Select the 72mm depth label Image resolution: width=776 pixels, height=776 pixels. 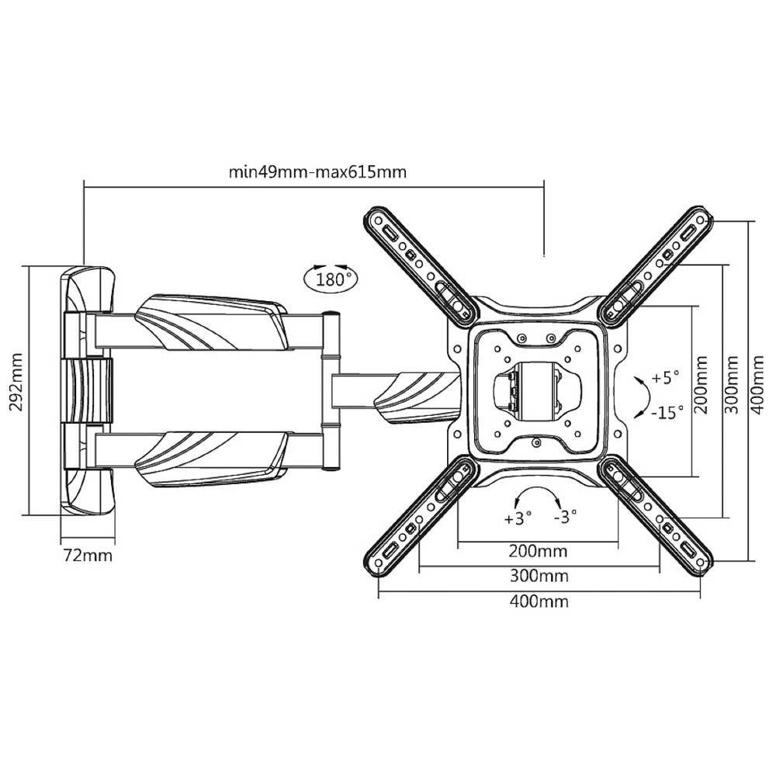tap(87, 556)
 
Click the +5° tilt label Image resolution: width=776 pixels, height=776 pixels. tap(665, 379)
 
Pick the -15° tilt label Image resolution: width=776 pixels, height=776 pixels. tap(667, 411)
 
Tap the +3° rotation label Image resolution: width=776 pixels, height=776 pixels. tap(518, 518)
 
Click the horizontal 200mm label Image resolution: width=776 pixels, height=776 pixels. tap(538, 552)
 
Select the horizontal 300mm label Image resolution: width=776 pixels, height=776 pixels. tap(539, 577)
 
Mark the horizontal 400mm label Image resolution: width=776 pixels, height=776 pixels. tap(539, 601)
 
